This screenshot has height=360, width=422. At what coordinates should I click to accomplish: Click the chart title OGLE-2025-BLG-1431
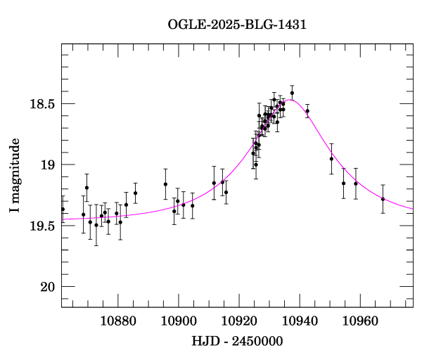237,25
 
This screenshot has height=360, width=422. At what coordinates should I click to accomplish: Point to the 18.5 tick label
41,104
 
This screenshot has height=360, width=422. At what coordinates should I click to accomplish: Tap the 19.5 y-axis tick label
41,226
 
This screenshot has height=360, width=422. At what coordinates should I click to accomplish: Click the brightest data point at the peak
292,93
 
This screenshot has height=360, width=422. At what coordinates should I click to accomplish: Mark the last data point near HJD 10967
383,199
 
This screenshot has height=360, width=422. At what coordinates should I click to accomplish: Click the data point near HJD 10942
307,111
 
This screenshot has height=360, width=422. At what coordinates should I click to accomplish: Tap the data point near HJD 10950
331,159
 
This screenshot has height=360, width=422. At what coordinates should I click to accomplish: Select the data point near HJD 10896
165,184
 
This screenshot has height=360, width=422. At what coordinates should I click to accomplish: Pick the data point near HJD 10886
135,193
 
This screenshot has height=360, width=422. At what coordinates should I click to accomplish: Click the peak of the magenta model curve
289,100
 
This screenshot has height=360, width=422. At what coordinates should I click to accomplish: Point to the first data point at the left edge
63,209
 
